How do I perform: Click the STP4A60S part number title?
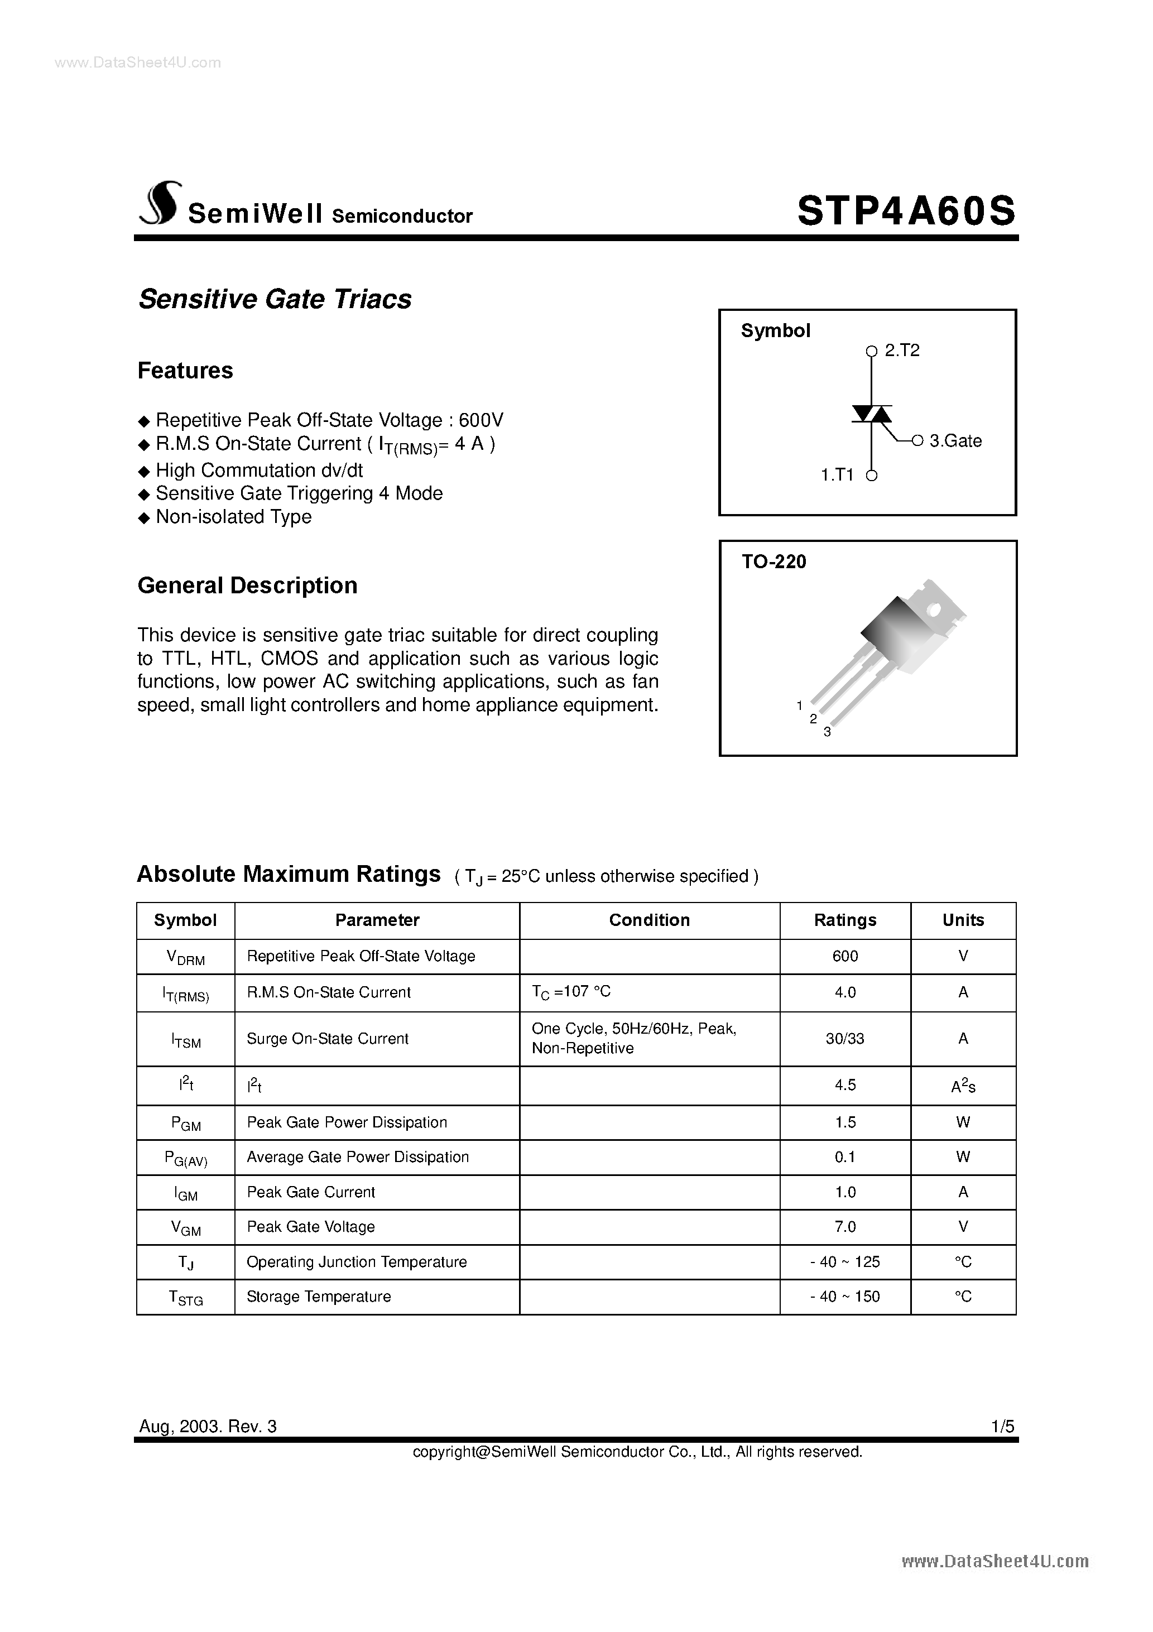[906, 211]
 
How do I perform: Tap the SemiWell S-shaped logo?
[161, 204]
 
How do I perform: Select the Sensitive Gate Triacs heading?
[275, 299]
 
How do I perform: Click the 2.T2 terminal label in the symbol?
[901, 351]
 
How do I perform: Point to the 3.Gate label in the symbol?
[955, 441]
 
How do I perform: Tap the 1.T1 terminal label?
[837, 475]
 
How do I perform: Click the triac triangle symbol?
[872, 414]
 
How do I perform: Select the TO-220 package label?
[774, 561]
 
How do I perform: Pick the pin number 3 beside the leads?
[827, 732]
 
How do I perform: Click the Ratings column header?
[844, 920]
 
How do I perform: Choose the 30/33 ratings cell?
[844, 1039]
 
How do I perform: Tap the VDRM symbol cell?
[185, 957]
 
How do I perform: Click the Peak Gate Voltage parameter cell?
[311, 1227]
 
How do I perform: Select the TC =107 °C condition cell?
[571, 992]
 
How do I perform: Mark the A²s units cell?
[963, 1086]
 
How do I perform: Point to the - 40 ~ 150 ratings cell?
[844, 1297]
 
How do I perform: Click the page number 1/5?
[1003, 1426]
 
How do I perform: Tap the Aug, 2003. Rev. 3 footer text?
[208, 1426]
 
